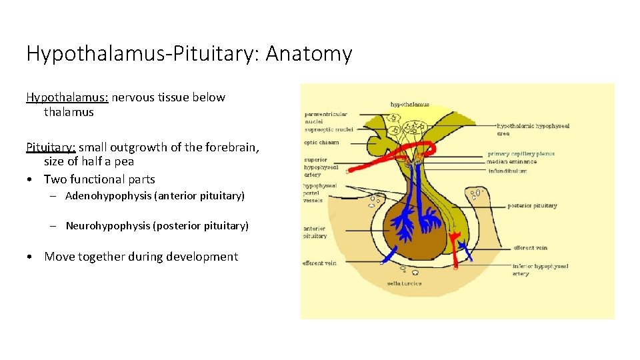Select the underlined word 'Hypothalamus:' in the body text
coord(67,97)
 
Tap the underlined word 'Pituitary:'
coord(51,147)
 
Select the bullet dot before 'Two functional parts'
coord(31,179)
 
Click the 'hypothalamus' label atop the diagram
coord(409,105)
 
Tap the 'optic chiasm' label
coord(322,142)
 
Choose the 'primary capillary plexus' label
coord(521,154)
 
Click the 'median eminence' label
coord(511,162)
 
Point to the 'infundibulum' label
coord(507,171)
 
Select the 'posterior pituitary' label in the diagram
coord(532,205)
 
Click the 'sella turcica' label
coord(404,283)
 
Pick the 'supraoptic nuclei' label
coord(329,129)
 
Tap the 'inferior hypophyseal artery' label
coord(540,269)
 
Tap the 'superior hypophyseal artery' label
coord(317,167)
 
